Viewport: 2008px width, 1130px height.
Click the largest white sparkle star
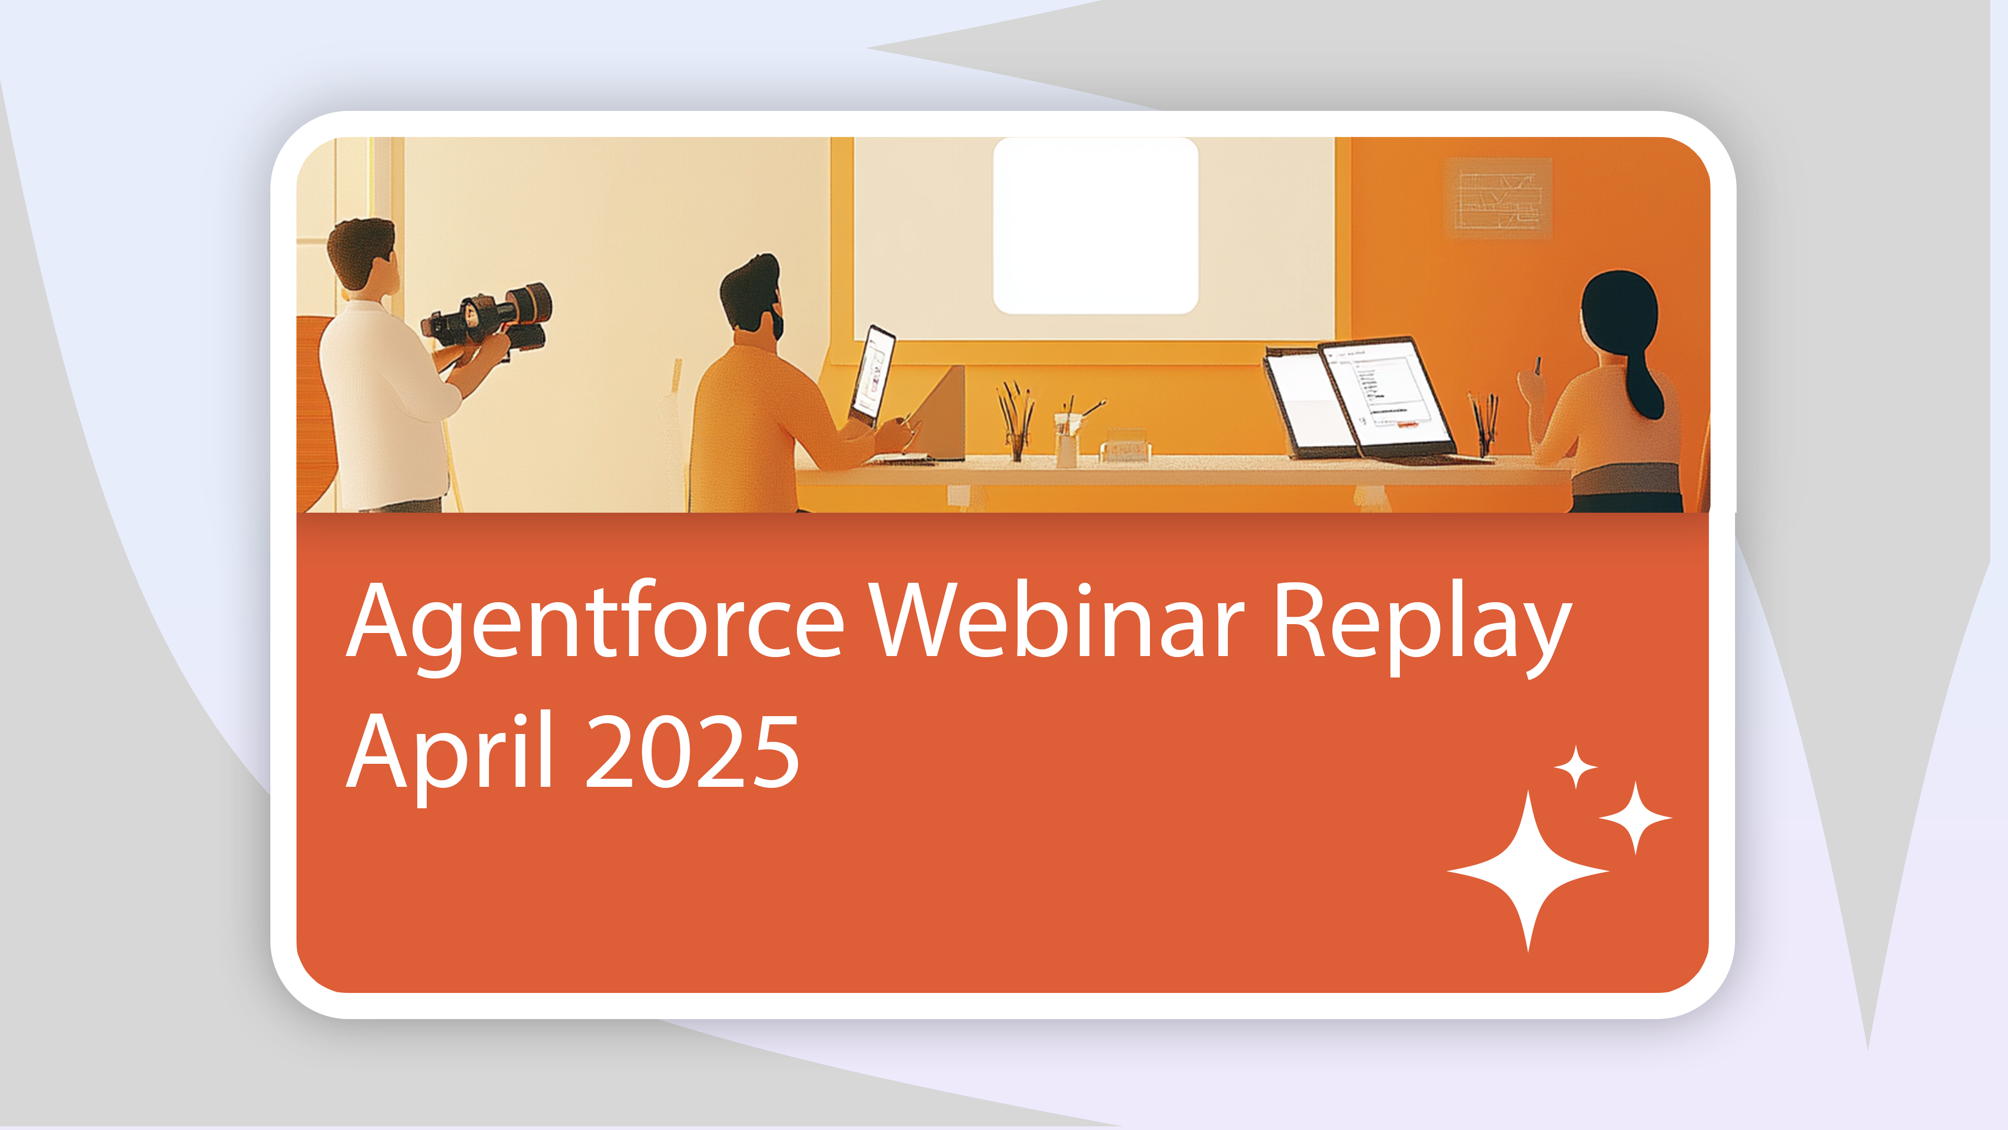coord(1528,871)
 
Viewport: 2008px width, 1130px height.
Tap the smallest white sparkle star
coord(1576,766)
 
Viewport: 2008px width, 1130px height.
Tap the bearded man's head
coord(751,296)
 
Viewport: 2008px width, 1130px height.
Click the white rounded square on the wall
coord(1095,226)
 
